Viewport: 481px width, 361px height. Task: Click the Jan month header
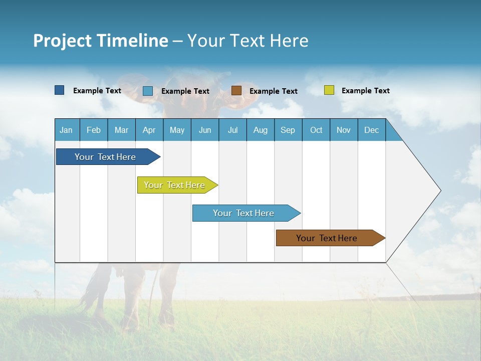66,130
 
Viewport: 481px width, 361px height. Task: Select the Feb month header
94,130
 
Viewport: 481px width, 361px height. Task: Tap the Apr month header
149,130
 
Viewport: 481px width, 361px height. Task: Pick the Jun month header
205,130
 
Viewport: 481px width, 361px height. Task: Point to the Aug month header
260,130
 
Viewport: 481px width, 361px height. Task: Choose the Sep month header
288,130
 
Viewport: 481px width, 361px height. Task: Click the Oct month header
316,130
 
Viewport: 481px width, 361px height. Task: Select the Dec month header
371,130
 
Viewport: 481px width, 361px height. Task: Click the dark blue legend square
60,90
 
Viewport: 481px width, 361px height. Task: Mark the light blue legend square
148,91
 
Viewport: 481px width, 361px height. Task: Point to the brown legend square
236,91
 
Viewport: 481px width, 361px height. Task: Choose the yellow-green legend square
329,90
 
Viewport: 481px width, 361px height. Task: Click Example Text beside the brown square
274,91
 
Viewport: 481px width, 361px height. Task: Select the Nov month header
344,130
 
